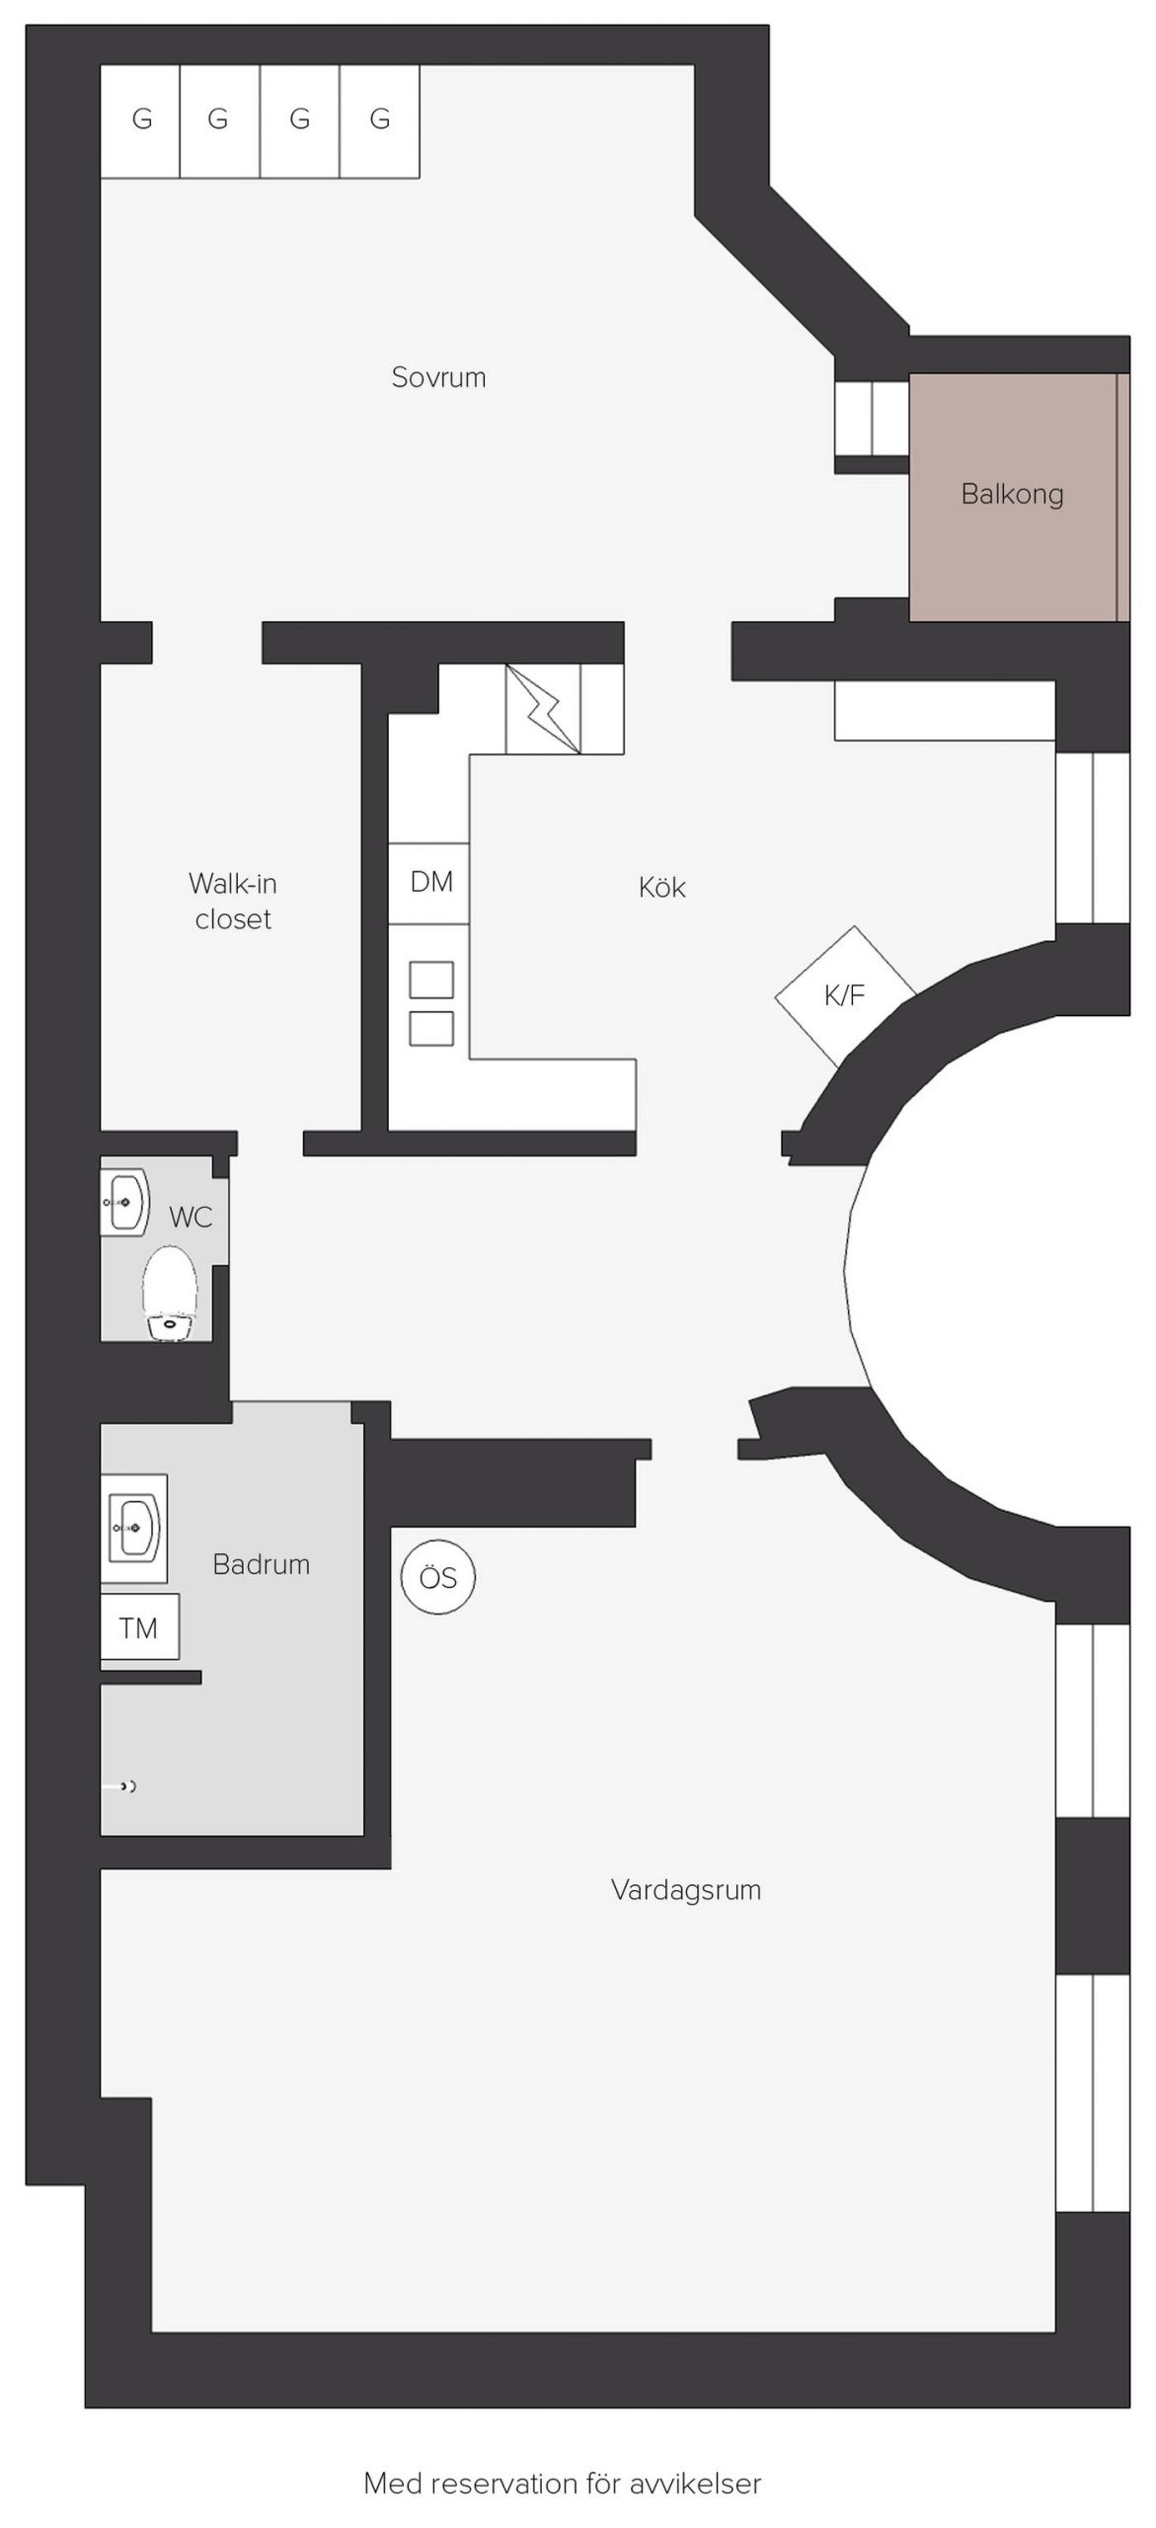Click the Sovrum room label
point(438,377)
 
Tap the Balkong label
point(1012,494)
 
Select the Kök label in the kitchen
point(661,887)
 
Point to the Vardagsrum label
point(686,1890)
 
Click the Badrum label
point(262,1564)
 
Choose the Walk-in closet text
point(233,901)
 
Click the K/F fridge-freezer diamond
point(845,995)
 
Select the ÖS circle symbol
point(438,1577)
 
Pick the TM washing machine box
point(139,1627)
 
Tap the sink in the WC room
point(124,1202)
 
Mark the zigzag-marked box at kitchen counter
point(543,709)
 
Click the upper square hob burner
point(431,981)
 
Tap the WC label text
point(191,1217)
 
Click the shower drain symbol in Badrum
point(125,1786)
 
